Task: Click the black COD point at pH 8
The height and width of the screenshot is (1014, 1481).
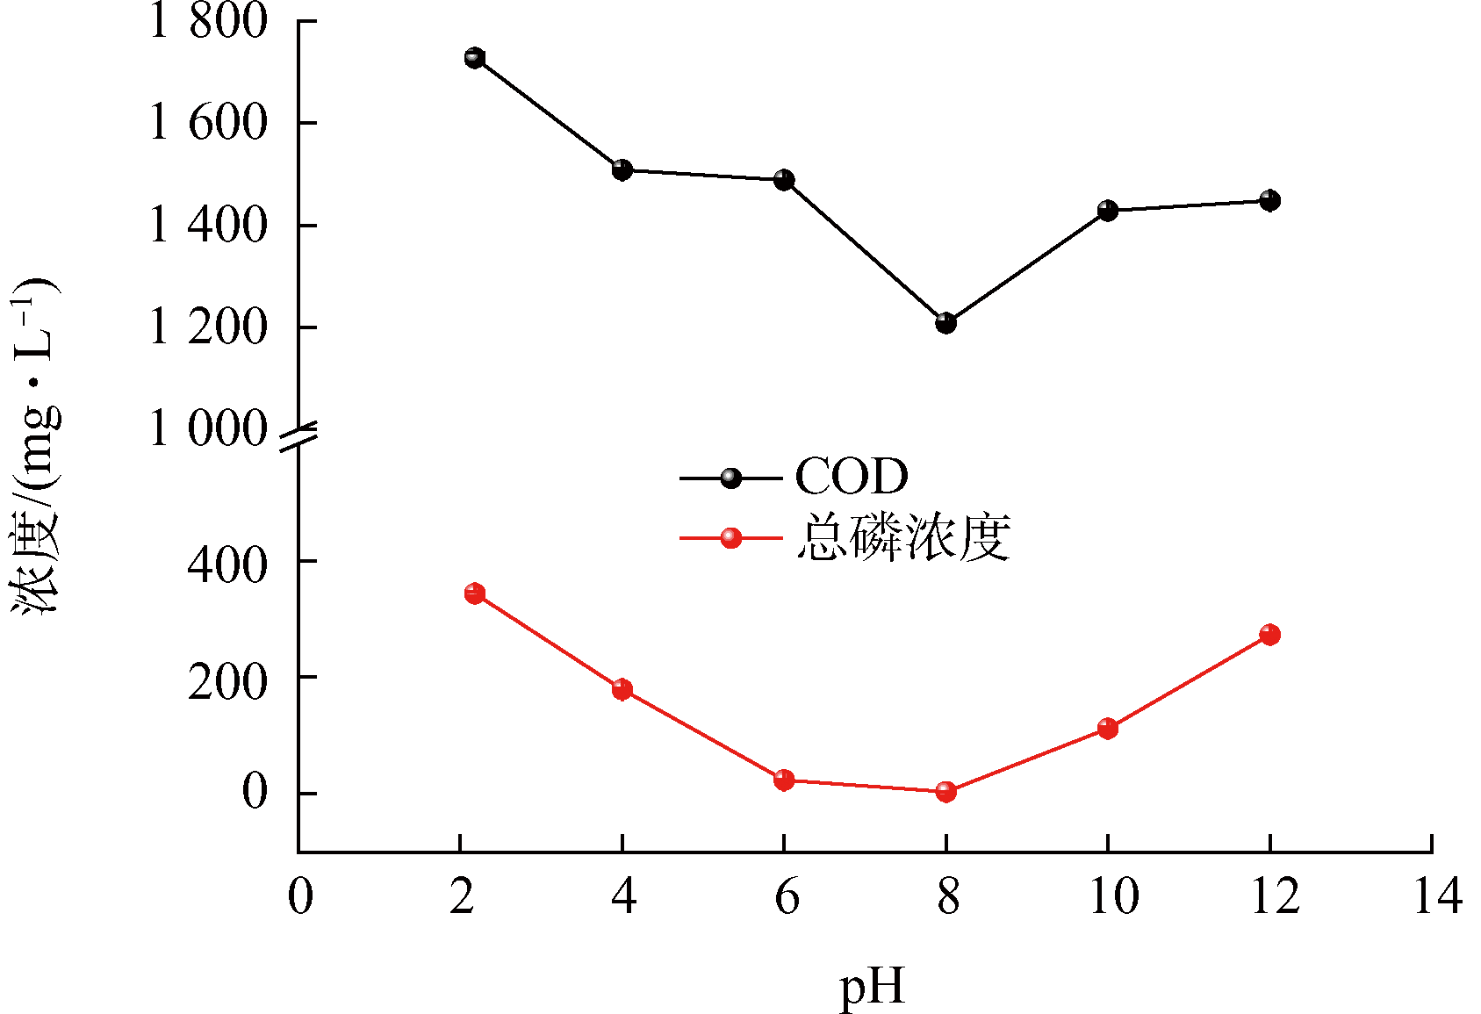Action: (945, 323)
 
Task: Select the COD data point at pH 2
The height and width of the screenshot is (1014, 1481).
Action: (475, 58)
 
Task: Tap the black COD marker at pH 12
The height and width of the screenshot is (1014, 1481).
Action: (1269, 200)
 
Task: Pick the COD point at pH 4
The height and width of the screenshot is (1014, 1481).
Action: (622, 169)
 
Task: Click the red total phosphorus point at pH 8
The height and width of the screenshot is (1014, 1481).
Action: (945, 791)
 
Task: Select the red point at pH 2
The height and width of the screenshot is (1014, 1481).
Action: (475, 593)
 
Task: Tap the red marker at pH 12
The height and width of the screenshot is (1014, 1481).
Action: (1269, 634)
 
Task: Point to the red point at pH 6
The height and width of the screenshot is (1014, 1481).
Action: (784, 780)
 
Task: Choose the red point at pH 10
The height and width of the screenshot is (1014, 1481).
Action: (1107, 728)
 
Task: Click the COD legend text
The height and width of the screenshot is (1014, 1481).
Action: (851, 477)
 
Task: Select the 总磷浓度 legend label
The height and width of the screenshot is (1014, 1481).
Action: (903, 536)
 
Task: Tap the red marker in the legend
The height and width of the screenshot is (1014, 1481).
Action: (730, 537)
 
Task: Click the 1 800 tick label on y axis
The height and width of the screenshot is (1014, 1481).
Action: (208, 21)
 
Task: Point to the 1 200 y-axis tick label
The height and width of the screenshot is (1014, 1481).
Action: (208, 327)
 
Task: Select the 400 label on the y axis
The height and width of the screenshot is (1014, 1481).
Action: (226, 563)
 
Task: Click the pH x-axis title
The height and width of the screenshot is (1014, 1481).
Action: (872, 988)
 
